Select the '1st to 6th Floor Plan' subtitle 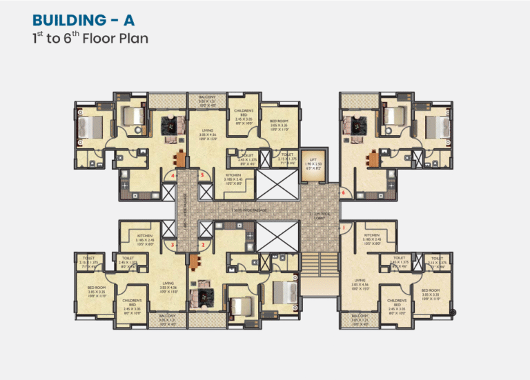pos(90,38)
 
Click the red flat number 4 pos(173,176)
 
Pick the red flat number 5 pos(202,176)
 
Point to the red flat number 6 pos(343,192)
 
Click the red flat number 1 pos(343,227)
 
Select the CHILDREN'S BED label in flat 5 pos(244,115)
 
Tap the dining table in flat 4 pos(181,160)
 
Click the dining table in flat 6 pos(373,160)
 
